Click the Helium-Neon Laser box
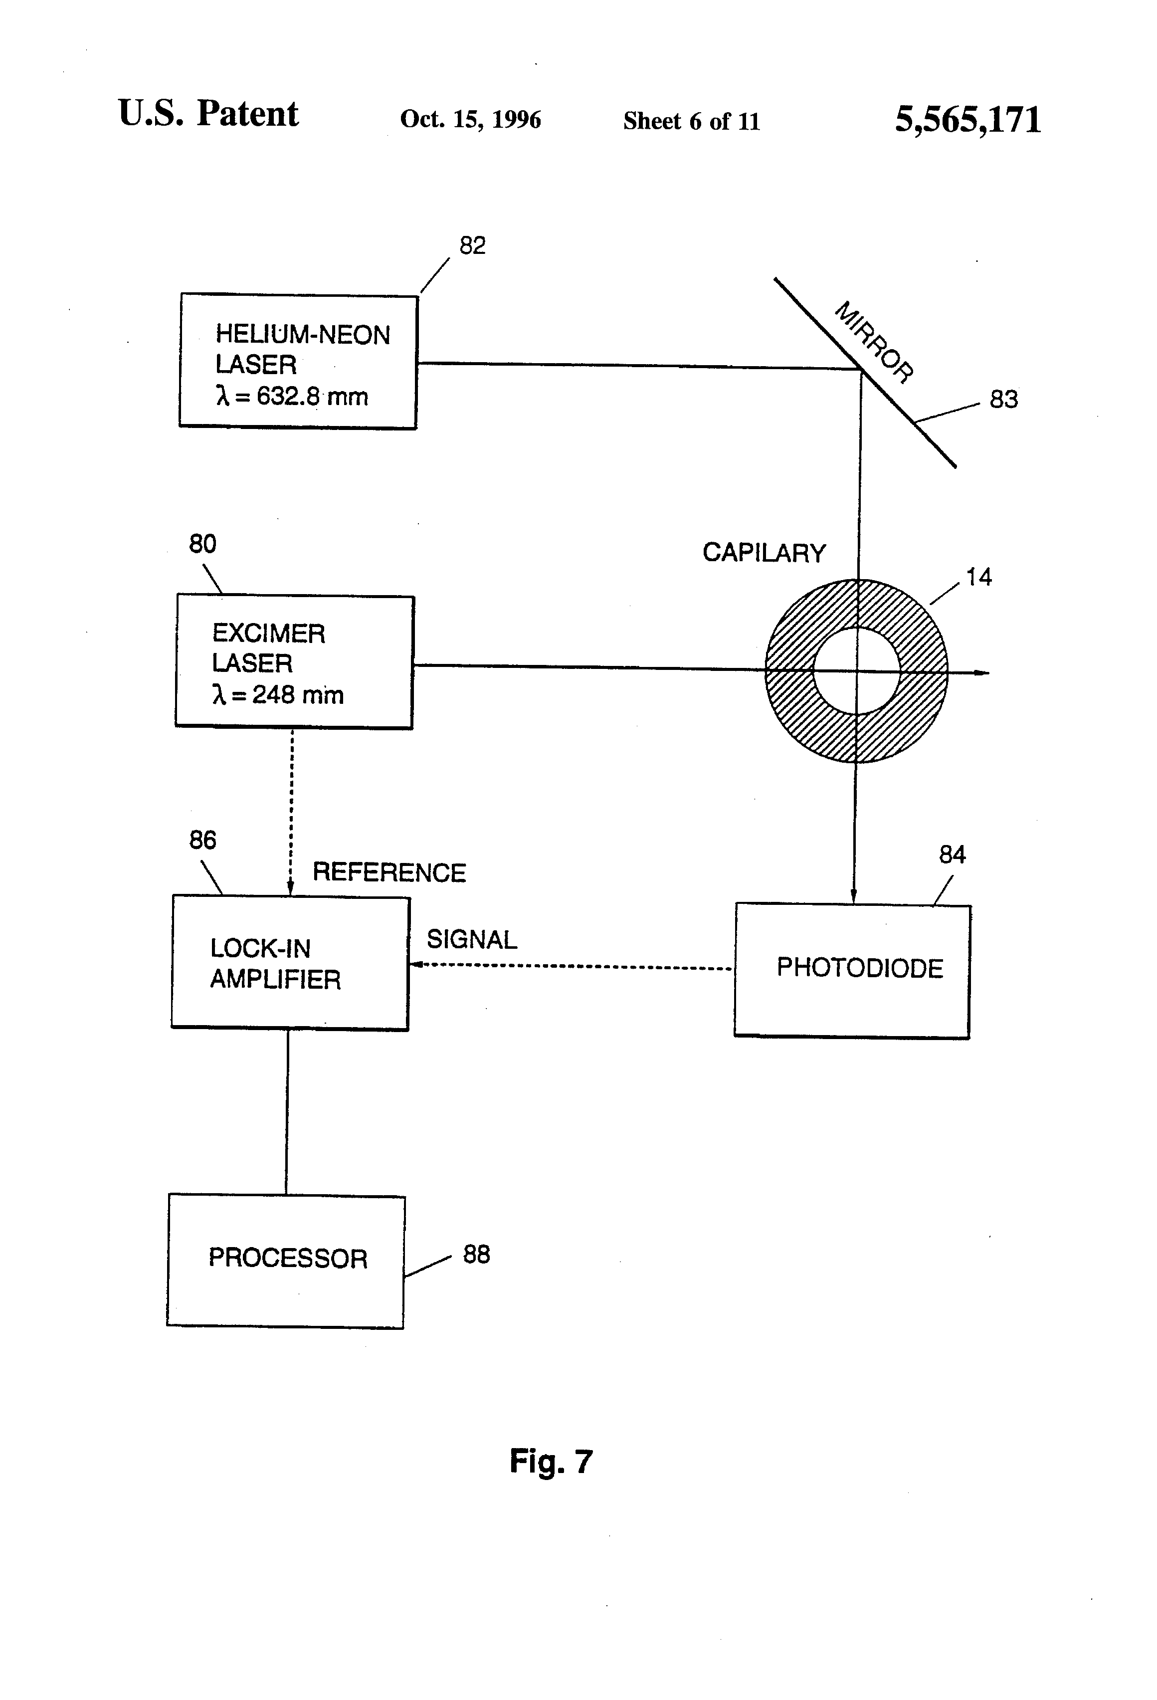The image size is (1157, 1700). [298, 361]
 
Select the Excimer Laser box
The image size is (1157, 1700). [295, 662]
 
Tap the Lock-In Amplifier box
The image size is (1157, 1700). [290, 963]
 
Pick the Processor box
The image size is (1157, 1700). [286, 1261]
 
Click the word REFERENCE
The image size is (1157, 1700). [389, 872]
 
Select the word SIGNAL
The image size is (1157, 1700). [472, 939]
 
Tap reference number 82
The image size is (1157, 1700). [472, 245]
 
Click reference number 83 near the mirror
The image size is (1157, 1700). [1003, 400]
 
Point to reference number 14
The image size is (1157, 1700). [978, 577]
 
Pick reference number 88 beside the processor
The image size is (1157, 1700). [476, 1255]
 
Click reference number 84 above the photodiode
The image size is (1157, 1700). [952, 854]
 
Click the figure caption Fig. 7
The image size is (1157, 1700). [551, 1462]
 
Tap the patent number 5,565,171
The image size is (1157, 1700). [967, 119]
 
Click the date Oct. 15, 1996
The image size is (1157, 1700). [470, 119]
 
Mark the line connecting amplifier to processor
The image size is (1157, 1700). [287, 1112]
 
